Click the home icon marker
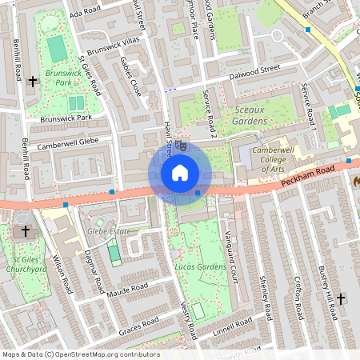coord(180,173)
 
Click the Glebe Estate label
coord(109,231)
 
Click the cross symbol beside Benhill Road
coord(33,81)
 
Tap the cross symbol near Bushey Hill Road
coord(341,299)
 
